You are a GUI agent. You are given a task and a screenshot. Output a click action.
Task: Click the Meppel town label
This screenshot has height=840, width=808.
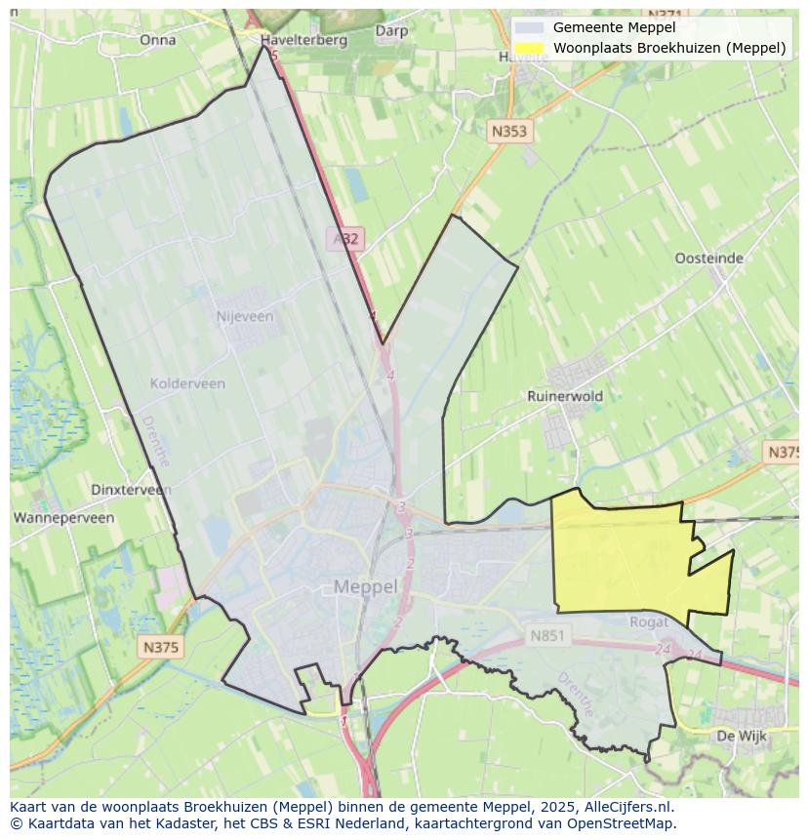point(366,586)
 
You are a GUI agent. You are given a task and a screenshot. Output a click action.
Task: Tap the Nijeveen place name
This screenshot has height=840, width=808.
point(244,316)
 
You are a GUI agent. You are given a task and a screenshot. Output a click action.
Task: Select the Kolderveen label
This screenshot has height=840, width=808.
point(187,383)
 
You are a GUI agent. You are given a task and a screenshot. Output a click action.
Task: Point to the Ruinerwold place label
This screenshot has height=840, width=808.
point(565,396)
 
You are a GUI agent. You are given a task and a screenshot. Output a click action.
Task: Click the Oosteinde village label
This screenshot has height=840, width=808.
point(708,259)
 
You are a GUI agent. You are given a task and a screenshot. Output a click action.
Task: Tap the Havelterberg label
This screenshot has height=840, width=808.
point(304,40)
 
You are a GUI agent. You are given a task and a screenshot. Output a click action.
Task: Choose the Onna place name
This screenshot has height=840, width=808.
point(158,40)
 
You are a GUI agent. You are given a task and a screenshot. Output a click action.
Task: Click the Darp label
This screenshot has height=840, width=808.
point(391,30)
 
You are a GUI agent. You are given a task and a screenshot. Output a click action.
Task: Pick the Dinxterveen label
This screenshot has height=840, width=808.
point(131,490)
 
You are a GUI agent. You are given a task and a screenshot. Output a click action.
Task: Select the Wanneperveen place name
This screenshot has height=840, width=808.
point(63,518)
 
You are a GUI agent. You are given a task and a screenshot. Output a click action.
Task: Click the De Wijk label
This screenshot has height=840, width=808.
point(737,735)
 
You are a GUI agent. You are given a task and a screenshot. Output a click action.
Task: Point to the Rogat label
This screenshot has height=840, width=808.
point(649,621)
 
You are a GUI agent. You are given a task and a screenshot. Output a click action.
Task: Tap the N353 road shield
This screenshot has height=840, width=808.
point(508,131)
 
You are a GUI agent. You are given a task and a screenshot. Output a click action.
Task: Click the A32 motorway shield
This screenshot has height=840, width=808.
point(344,238)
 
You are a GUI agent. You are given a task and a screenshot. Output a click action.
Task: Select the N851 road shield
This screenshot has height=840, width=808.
point(547,635)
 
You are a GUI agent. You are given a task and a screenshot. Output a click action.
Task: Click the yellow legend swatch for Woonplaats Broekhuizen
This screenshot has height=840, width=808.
point(530,48)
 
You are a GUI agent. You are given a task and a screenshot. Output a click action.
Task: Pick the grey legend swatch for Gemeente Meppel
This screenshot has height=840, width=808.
point(530,28)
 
